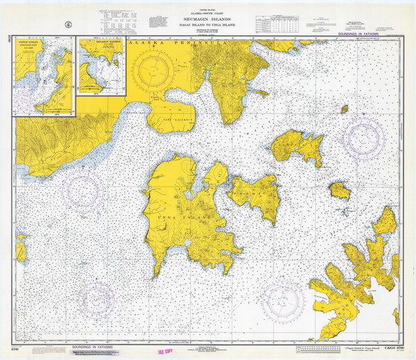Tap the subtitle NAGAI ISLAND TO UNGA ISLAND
coord(209,25)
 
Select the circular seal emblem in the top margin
coord(64,24)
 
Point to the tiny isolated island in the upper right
coord(345,108)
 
